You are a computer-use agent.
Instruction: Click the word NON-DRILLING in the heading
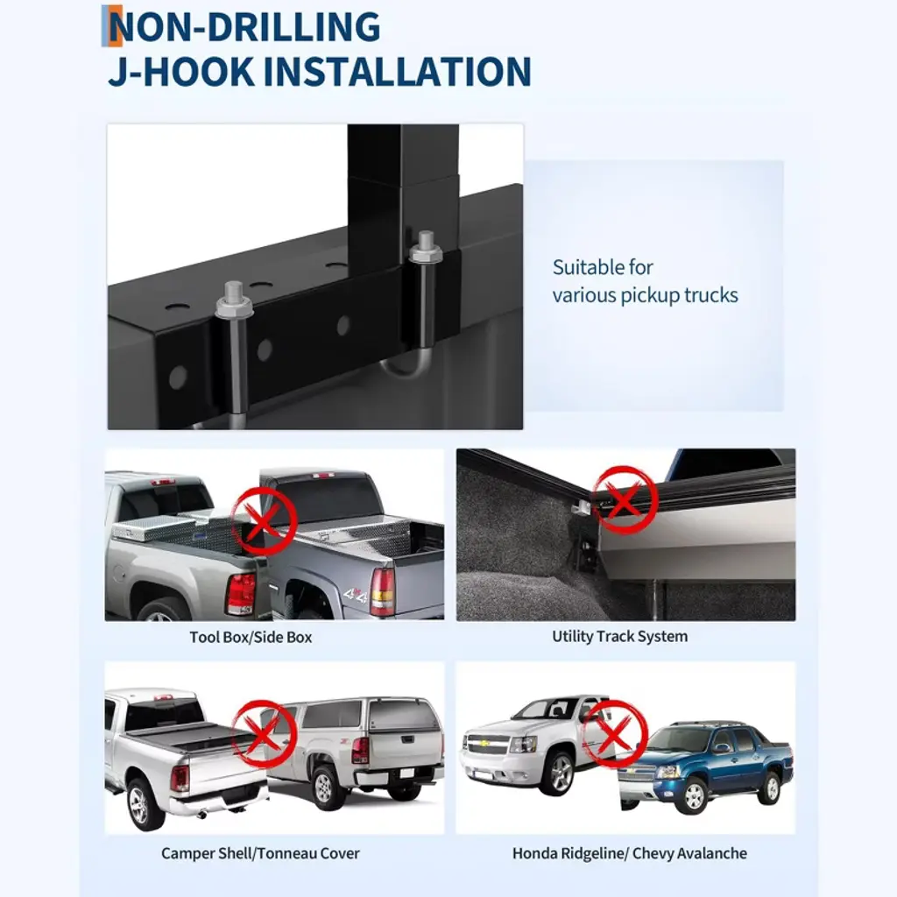[x=244, y=27]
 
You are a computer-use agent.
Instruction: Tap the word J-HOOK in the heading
[x=181, y=72]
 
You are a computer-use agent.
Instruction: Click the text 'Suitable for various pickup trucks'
[x=645, y=281]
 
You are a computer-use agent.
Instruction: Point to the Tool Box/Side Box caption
[x=251, y=638]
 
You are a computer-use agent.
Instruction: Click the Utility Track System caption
[x=619, y=636]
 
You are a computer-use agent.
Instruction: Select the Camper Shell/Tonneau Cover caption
[x=260, y=853]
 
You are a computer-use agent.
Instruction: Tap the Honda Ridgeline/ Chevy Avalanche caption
[x=629, y=853]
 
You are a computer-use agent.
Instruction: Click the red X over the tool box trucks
[x=264, y=521]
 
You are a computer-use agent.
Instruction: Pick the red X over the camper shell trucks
[x=264, y=734]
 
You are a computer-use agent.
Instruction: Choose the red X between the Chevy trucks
[x=614, y=734]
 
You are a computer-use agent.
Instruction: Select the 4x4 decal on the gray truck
[x=356, y=596]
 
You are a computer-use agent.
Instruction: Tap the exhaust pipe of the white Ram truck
[x=202, y=814]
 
